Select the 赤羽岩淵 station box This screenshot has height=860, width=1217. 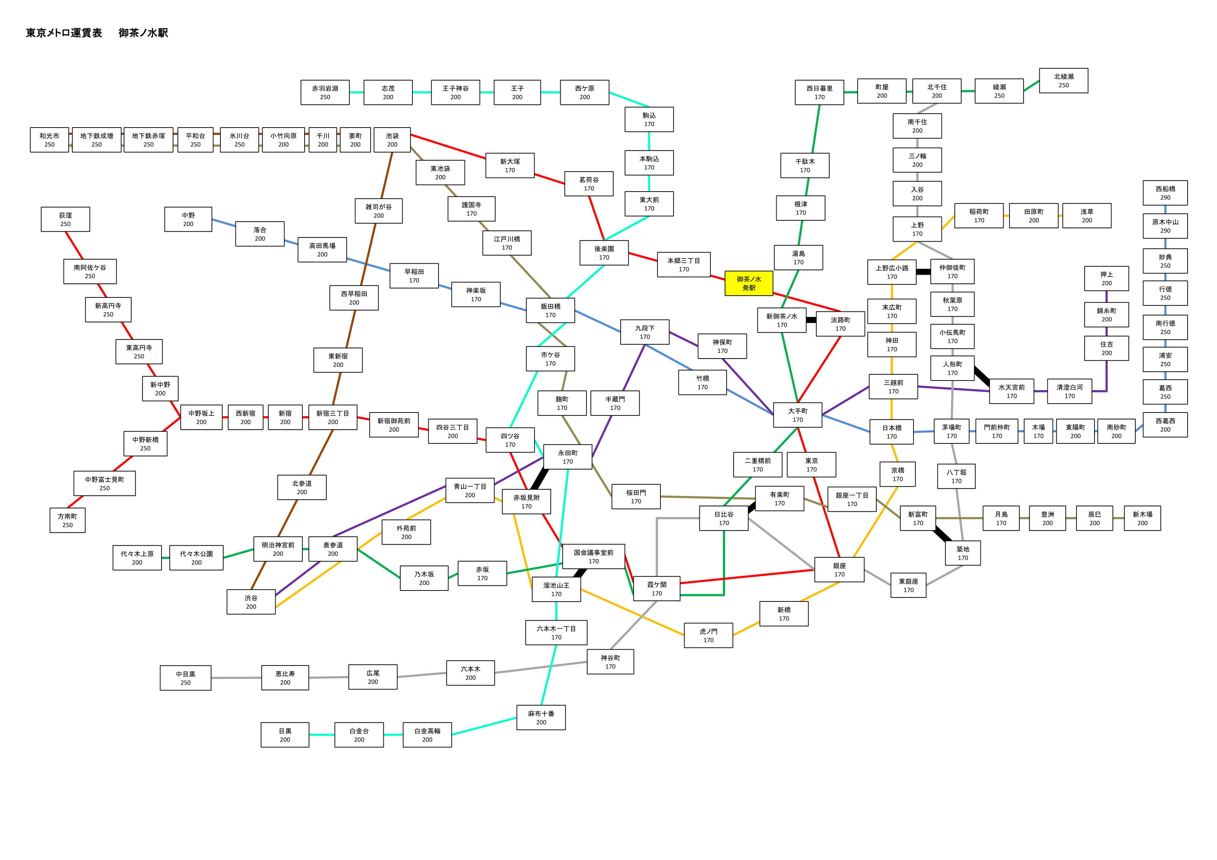325,92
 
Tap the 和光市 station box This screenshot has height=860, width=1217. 49,140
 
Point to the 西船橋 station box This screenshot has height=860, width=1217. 1165,193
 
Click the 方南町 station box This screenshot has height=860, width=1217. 67,520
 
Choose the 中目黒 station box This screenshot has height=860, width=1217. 185,678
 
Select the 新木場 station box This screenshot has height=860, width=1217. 1142,518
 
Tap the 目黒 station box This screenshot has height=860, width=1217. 285,735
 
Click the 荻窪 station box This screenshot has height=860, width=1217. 65,220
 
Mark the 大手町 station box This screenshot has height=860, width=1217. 798,415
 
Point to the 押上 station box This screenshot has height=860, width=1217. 1106,279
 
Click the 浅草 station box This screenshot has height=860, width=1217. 1087,216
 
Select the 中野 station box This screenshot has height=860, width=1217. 188,220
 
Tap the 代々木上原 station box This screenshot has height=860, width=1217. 137,558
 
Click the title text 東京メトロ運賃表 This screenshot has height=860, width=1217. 64,33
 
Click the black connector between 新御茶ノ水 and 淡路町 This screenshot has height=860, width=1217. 811,320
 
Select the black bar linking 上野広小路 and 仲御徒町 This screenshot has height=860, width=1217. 923,272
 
